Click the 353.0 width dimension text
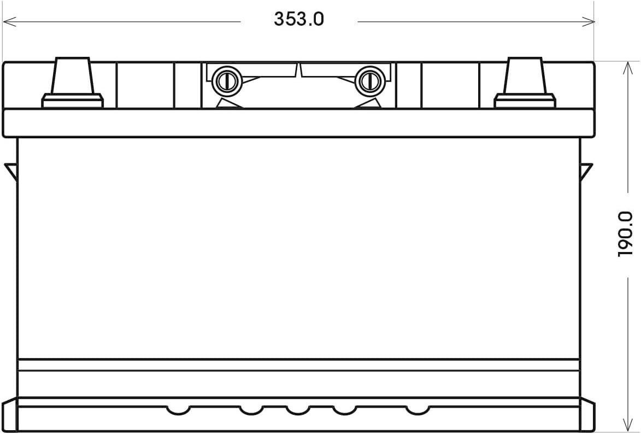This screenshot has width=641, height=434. (x=299, y=19)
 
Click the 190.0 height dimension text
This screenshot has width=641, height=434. (x=625, y=234)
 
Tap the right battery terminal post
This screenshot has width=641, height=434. (x=525, y=75)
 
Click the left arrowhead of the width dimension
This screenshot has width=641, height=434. (x=9, y=22)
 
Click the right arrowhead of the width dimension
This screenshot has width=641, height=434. (x=587, y=22)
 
